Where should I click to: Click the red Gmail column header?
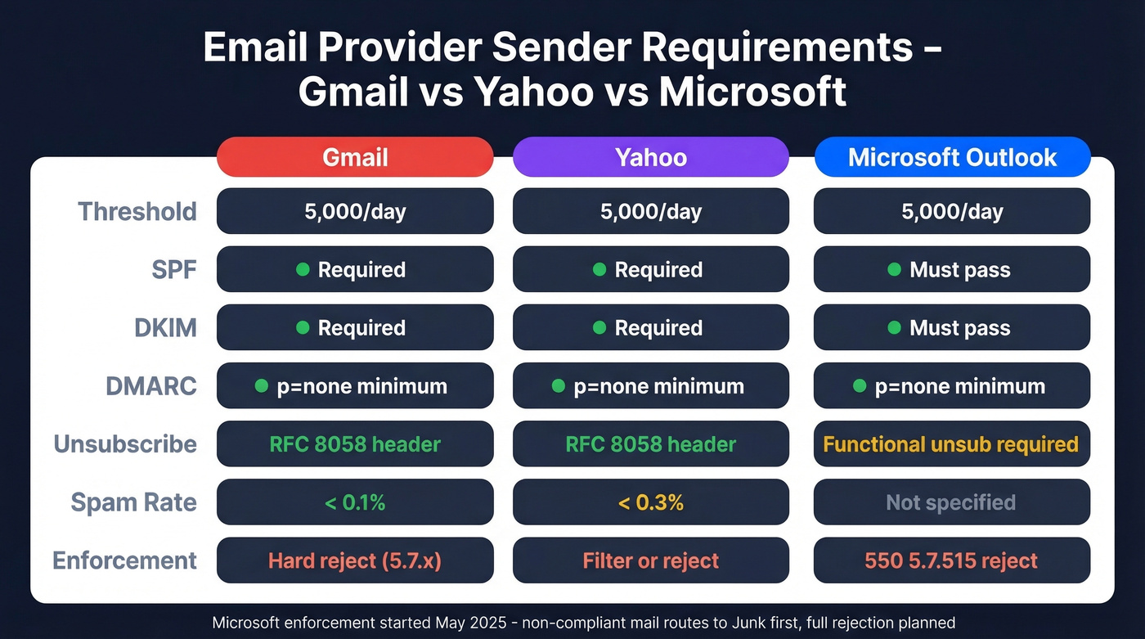click(x=355, y=156)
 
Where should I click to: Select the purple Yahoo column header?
click(x=651, y=156)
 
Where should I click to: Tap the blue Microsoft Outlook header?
click(x=952, y=156)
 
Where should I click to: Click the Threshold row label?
click(x=137, y=211)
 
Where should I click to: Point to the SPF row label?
click(x=173, y=269)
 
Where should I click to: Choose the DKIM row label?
click(x=165, y=327)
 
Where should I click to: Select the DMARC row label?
click(x=151, y=386)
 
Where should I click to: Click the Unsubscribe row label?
click(x=125, y=444)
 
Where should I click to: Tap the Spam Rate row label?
click(x=133, y=502)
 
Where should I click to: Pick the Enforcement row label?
click(x=124, y=560)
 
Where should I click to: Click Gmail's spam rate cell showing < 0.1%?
click(x=355, y=502)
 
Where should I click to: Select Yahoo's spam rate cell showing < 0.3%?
click(x=651, y=502)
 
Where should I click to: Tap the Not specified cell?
click(x=952, y=502)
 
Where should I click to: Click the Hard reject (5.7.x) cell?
click(x=355, y=560)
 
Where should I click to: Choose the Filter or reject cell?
click(x=651, y=560)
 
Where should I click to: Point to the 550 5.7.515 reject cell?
click(x=952, y=560)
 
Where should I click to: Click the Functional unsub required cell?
click(x=952, y=444)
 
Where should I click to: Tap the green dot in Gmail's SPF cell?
click(x=303, y=269)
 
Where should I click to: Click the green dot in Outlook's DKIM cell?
click(x=895, y=327)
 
